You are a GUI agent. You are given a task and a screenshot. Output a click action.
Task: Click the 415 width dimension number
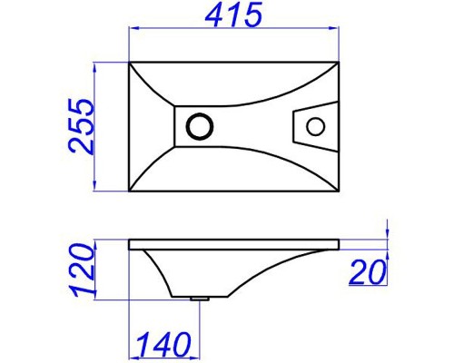(x=233, y=15)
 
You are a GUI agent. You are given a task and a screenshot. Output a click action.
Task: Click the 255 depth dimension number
(x=81, y=126)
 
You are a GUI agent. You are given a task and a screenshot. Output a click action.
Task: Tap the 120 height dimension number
(x=81, y=270)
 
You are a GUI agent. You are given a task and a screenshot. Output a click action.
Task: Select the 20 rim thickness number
(x=368, y=272)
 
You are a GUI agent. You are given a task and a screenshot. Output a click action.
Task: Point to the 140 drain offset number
(x=163, y=344)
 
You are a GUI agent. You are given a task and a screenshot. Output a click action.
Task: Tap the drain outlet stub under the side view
(x=200, y=299)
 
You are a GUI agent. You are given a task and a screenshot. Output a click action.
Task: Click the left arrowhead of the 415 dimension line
(x=133, y=28)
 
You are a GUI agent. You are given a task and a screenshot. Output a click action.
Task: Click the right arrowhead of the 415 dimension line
(x=334, y=28)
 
